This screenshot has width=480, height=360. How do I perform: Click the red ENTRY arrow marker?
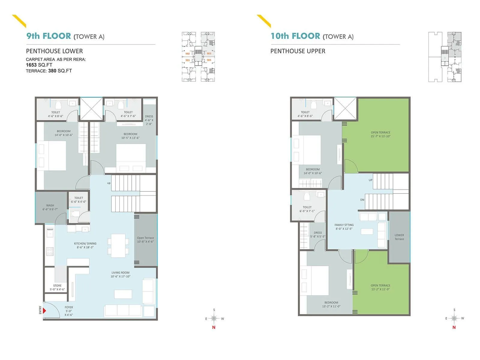coord(44,310)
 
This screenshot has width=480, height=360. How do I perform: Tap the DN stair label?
coord(362,200)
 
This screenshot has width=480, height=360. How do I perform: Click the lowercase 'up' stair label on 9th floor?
coord(109,183)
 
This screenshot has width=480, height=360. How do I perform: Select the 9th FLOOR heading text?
coord(49,36)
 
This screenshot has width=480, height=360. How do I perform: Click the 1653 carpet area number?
coord(31,65)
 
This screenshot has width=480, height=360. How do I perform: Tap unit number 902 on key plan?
coord(187,54)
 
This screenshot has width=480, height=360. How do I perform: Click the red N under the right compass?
coord(454,327)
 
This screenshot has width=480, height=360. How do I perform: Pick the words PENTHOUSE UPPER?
coord(298,51)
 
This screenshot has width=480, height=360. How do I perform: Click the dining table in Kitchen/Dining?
coord(118,246)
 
